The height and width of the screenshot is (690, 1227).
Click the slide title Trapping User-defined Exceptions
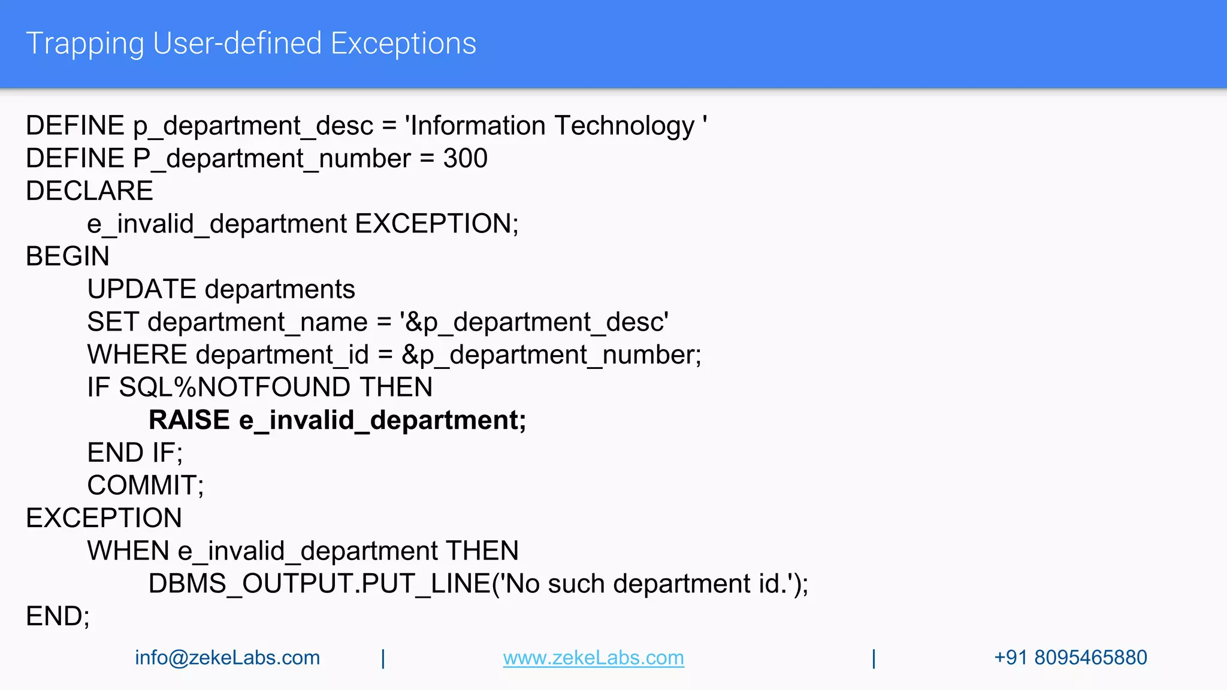click(x=251, y=44)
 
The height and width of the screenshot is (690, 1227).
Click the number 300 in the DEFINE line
click(x=465, y=159)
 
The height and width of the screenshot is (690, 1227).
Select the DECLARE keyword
click(x=89, y=191)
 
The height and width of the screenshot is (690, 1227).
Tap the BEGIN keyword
click(x=67, y=256)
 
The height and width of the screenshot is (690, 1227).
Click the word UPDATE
click(x=141, y=289)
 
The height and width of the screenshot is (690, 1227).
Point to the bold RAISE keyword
click(x=189, y=420)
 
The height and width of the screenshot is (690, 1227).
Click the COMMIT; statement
click(x=146, y=485)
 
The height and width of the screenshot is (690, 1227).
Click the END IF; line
click(x=135, y=453)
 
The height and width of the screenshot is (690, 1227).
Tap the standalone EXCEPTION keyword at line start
click(x=104, y=518)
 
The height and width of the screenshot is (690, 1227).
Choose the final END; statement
click(x=58, y=616)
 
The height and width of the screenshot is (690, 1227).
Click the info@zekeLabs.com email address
click(x=227, y=658)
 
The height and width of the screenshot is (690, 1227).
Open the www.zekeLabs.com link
click(x=593, y=658)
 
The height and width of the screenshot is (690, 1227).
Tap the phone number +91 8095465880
click(x=1070, y=658)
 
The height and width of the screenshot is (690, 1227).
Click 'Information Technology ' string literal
click(x=555, y=126)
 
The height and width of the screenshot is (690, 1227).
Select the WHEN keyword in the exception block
click(x=128, y=551)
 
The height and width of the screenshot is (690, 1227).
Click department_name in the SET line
click(x=258, y=322)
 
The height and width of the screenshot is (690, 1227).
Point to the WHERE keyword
click(x=137, y=355)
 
